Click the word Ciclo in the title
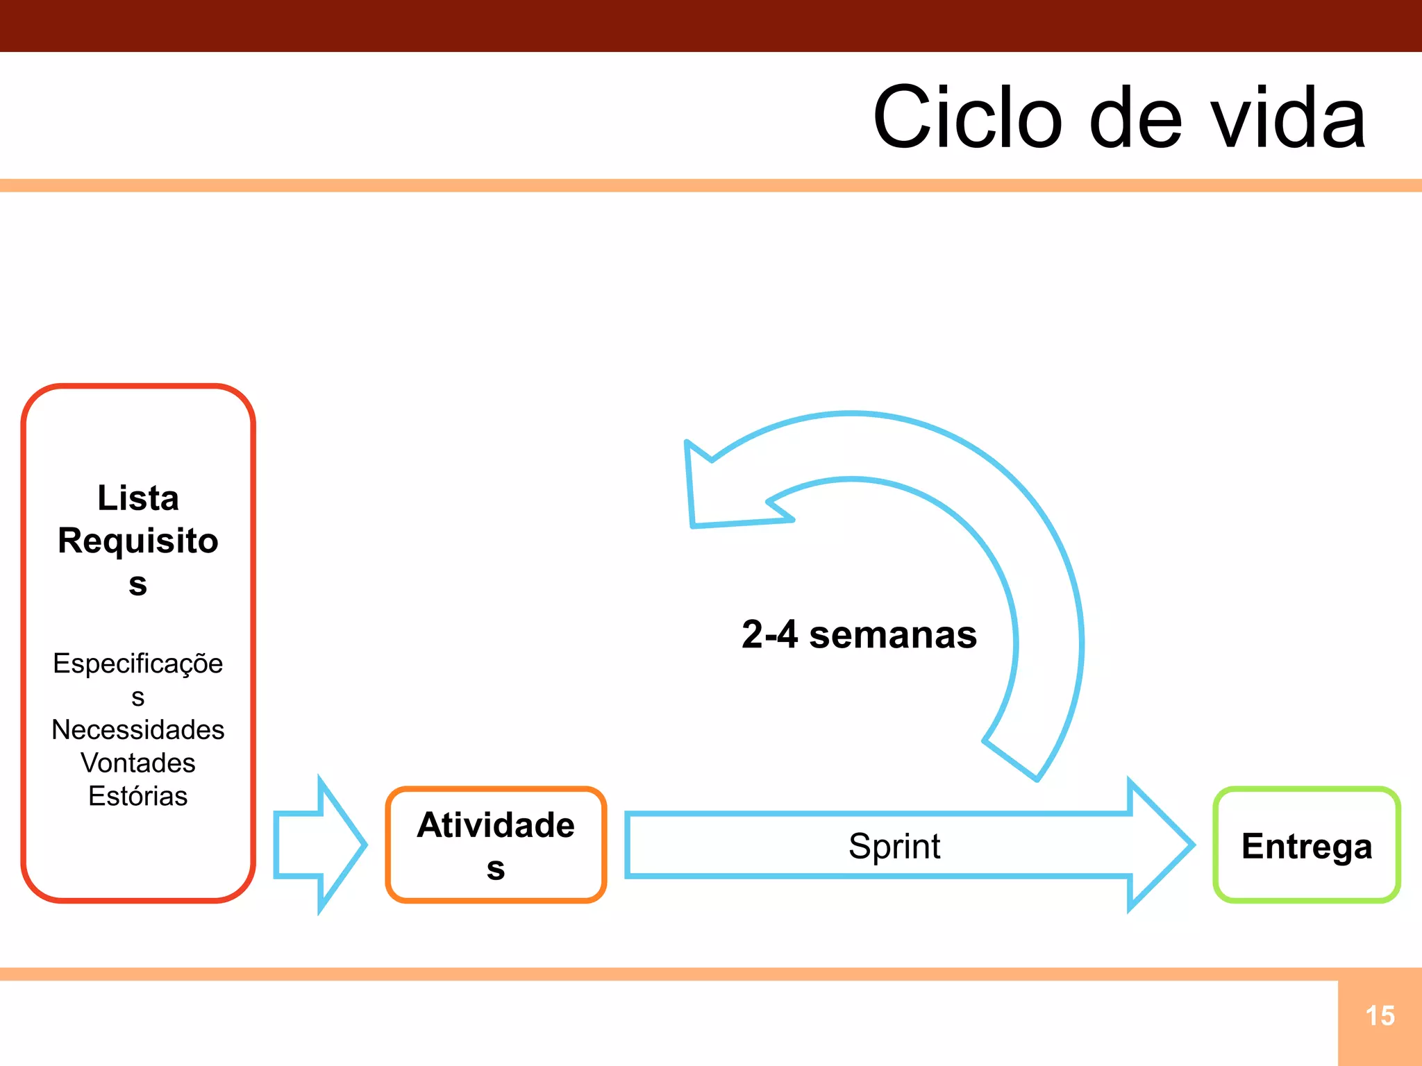coord(967,118)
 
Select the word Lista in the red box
coord(138,498)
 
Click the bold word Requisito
coord(138,541)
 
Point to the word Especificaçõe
coord(138,663)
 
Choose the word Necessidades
coord(138,729)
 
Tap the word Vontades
coord(138,763)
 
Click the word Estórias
coord(138,796)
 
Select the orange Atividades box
coord(496,845)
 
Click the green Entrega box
coord(1306,845)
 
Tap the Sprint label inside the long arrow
coord(894,846)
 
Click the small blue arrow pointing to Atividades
coord(319,845)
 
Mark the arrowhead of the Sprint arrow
coord(1160,845)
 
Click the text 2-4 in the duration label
coord(769,634)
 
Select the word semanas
coord(893,634)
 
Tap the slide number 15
coord(1380,1016)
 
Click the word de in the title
coord(1135,118)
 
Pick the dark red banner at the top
coord(711,26)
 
